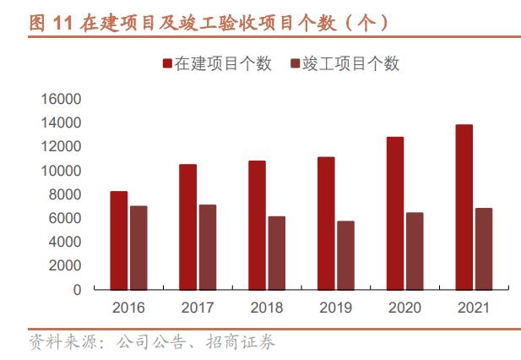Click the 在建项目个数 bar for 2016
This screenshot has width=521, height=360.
(119, 240)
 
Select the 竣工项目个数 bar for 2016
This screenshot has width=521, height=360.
(138, 248)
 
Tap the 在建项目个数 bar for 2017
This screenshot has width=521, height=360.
(188, 226)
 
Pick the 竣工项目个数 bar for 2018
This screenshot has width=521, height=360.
(277, 253)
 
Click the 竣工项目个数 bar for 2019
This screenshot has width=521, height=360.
(345, 255)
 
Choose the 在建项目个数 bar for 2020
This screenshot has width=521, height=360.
(395, 213)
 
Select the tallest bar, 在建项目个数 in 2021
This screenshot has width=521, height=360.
(464, 207)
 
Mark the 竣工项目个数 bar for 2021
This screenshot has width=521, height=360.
(483, 248)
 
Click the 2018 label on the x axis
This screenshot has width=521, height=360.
(266, 308)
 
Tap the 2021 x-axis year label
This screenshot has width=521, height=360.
(474, 308)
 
